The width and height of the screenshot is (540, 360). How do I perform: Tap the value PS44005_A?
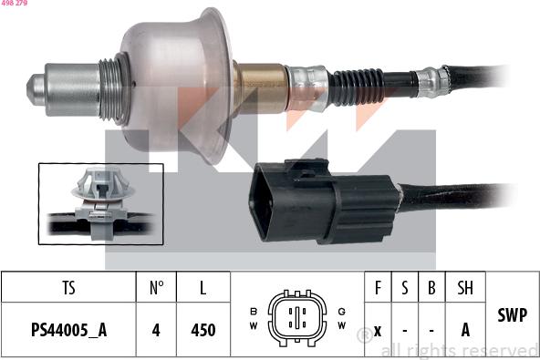coord(68,330)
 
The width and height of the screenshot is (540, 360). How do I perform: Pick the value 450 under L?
coord(202,330)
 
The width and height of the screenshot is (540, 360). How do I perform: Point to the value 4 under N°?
coord(156,330)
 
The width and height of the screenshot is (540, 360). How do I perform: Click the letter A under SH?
coord(465,330)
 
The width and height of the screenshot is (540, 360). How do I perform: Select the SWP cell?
coord(512,314)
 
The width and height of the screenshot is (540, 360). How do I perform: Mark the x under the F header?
coord(378,330)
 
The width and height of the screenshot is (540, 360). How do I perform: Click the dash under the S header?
coord(405,330)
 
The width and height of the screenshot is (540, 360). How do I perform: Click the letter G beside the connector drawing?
coord(341,310)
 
